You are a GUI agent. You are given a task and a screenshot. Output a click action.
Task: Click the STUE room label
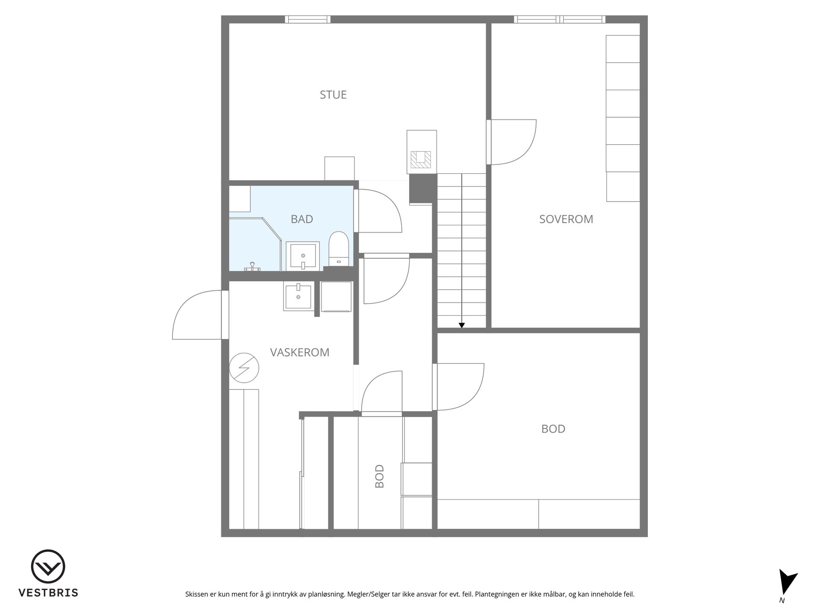[x=333, y=94]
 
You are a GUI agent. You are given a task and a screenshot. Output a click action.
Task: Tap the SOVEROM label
[x=566, y=219]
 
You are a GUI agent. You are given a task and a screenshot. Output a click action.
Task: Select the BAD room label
[x=302, y=219]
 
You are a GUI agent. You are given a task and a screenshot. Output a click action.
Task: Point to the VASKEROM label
[x=300, y=352]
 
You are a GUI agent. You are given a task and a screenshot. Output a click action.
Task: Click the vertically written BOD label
[x=379, y=476]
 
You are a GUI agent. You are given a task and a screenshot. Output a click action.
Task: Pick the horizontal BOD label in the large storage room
[x=553, y=429]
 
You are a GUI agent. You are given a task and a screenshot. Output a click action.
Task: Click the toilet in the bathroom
[x=339, y=249]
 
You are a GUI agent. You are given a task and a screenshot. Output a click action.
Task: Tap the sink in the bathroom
[x=303, y=256]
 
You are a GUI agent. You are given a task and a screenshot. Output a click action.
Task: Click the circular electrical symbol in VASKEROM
[x=244, y=368]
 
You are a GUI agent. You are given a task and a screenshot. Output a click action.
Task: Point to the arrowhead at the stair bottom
[x=462, y=325]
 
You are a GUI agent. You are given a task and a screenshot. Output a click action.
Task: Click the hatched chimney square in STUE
[x=421, y=159]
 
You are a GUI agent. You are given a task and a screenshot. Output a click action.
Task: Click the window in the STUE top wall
[x=307, y=19]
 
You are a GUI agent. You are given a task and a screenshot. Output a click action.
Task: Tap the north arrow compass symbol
[x=787, y=583]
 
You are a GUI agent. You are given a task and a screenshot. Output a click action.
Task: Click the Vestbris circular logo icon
[x=48, y=567]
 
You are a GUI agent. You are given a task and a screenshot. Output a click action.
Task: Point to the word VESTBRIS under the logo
[x=48, y=593]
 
